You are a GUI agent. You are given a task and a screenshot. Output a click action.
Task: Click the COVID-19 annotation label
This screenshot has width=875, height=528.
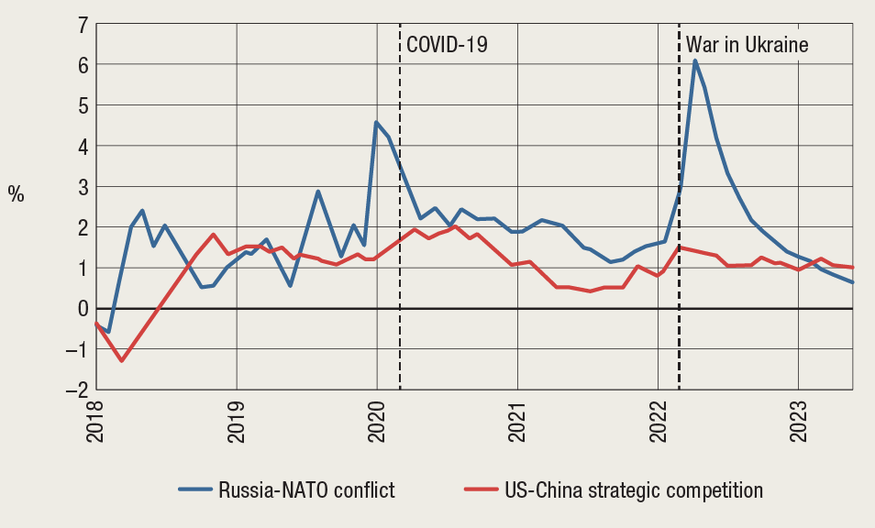pos(448,44)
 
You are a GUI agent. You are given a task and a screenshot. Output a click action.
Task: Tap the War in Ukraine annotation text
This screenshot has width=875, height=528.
pos(748,44)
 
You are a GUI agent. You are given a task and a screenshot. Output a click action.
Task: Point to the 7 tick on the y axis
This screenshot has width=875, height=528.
pos(82,24)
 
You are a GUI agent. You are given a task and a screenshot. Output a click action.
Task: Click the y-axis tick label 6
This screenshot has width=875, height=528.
pos(82,65)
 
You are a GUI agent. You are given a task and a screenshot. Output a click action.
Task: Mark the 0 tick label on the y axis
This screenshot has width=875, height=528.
pos(82,309)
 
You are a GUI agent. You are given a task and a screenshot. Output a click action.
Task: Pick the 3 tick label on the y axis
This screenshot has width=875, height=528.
pos(82,187)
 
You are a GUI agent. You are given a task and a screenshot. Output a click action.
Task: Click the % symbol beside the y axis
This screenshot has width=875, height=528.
pos(17,193)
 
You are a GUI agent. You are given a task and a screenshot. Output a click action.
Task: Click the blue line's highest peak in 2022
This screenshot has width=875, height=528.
pos(695,60)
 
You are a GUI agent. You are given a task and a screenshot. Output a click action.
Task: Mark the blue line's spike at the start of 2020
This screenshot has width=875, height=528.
pos(376,122)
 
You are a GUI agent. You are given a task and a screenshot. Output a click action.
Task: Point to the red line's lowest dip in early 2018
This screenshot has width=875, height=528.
pos(121,360)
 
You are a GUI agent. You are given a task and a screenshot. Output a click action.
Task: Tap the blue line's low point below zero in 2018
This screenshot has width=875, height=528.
pos(108,332)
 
